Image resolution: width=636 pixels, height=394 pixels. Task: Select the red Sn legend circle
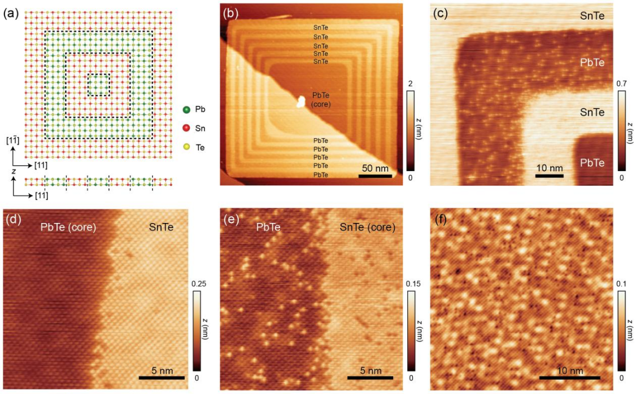point(186,128)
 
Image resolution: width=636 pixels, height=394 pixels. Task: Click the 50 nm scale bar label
point(374,168)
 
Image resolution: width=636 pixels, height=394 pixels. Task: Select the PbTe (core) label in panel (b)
point(321,100)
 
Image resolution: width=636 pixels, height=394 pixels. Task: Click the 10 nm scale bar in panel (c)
point(549,176)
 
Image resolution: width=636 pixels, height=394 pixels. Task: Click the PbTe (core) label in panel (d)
point(68,227)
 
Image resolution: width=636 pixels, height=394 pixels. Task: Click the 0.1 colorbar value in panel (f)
point(622,284)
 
